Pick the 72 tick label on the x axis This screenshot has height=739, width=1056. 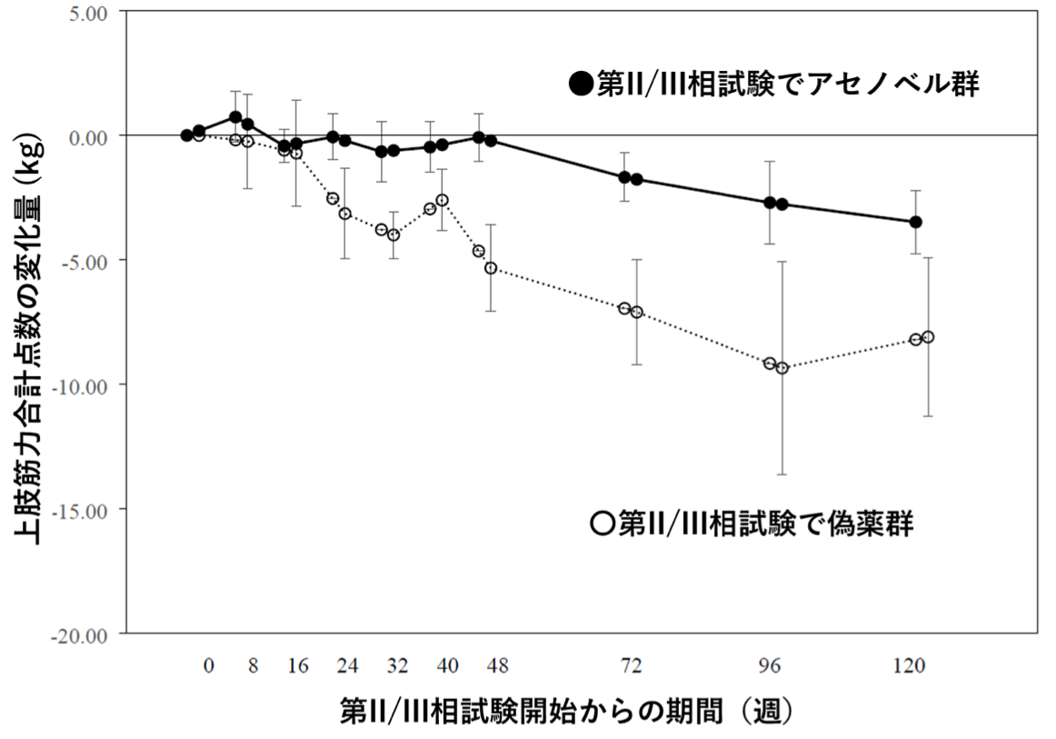pos(631,666)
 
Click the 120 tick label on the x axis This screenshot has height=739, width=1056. pos(910,666)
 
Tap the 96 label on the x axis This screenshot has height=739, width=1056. pos(771,666)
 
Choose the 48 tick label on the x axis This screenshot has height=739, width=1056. pos(497,666)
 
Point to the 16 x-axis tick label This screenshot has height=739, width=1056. pos(298,666)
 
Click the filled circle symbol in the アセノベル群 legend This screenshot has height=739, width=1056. pos(580,85)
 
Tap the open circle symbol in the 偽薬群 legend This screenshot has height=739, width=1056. pos(601,524)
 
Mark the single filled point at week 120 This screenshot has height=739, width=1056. pos(916,222)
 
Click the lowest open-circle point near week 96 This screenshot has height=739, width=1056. pos(782,368)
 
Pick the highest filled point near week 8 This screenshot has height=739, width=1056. pos(235,117)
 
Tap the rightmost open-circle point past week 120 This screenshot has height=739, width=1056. pos(928,337)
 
